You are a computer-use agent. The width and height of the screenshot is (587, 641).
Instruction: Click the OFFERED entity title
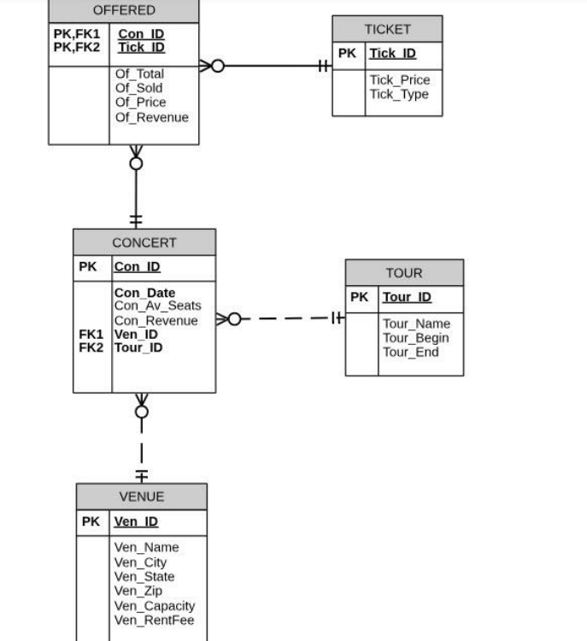[124, 10]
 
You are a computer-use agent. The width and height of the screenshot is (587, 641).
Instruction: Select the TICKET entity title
[387, 29]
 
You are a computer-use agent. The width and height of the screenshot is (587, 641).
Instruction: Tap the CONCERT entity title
[144, 242]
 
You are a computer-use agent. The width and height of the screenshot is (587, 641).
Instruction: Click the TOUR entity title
[404, 273]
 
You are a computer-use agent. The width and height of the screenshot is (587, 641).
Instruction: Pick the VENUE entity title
[141, 497]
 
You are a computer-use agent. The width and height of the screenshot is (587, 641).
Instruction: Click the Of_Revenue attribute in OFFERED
[152, 117]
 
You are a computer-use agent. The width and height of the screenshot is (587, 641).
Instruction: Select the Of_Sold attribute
[139, 88]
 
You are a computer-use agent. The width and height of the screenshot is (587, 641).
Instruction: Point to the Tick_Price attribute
[399, 80]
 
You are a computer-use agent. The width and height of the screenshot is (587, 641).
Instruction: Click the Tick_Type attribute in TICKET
[398, 94]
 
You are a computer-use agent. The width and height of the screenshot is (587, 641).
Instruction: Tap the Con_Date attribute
[144, 293]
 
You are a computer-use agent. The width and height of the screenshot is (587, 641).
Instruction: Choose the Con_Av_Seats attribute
[157, 306]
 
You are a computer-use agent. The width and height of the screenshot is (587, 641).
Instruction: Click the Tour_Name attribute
[416, 324]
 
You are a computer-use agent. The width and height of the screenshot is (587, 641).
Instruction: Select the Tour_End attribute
[410, 352]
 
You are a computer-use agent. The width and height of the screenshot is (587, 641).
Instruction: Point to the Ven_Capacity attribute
[155, 606]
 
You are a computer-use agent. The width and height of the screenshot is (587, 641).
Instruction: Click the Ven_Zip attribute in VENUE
[138, 591]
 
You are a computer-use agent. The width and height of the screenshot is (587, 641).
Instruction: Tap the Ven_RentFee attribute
[154, 621]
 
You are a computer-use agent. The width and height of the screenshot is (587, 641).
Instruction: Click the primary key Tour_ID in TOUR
[407, 297]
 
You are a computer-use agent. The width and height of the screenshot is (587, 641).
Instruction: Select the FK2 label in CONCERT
[91, 348]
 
